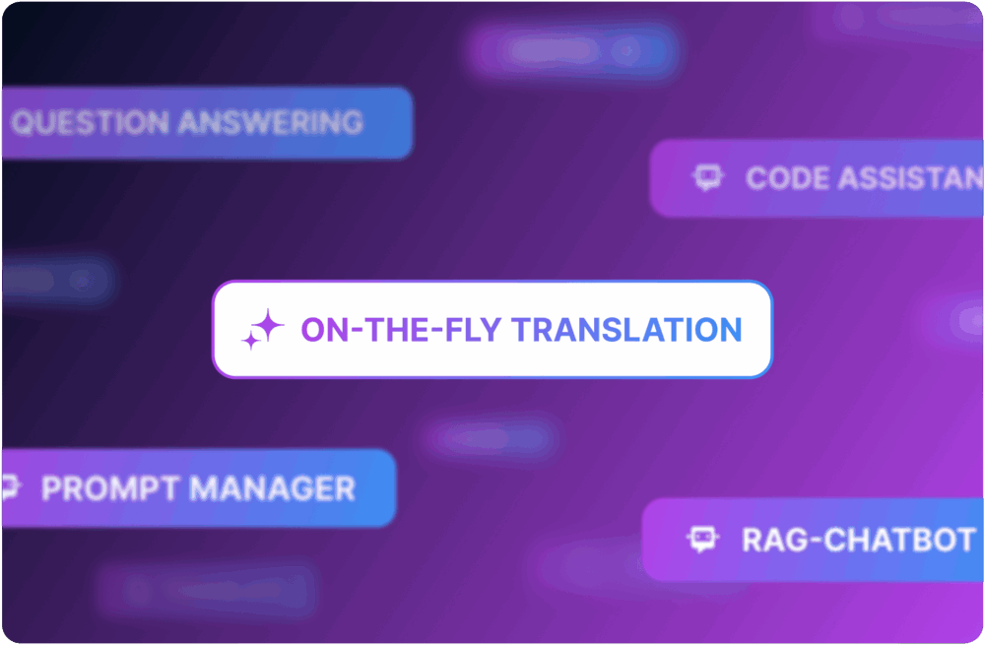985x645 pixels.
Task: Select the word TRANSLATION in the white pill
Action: [627, 330]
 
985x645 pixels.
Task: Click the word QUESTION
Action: [90, 123]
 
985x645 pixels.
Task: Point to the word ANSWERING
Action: [270, 123]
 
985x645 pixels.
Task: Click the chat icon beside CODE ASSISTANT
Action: [707, 178]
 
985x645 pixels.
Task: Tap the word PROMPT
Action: [108, 488]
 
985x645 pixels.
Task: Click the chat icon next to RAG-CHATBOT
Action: [701, 539]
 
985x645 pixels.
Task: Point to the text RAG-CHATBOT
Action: [858, 540]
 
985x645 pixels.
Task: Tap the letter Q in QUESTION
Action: [25, 123]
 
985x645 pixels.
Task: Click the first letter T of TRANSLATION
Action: [522, 330]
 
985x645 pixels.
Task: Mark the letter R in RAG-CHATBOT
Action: [753, 540]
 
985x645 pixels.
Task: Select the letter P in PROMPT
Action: [51, 488]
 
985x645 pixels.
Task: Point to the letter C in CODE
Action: [757, 178]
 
